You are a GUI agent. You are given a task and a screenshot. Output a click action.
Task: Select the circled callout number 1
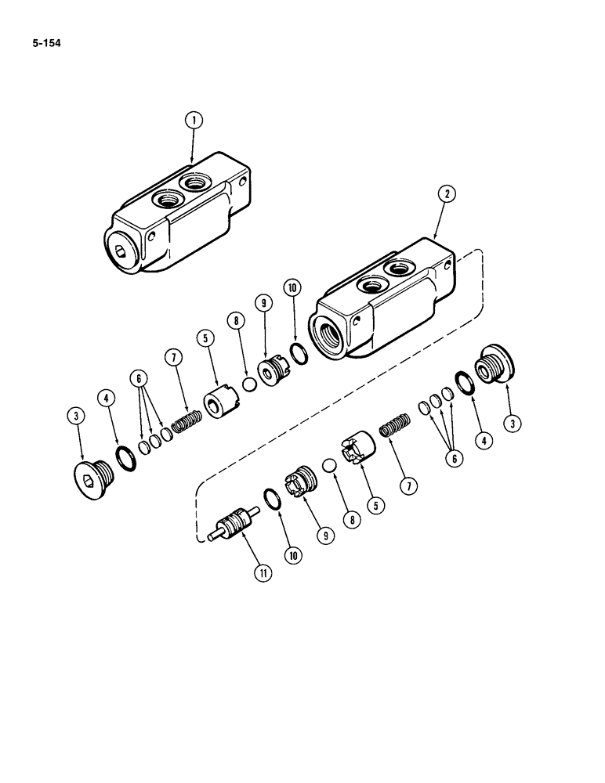pyautogui.click(x=193, y=121)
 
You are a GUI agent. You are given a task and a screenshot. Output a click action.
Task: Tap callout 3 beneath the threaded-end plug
pyautogui.click(x=514, y=424)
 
